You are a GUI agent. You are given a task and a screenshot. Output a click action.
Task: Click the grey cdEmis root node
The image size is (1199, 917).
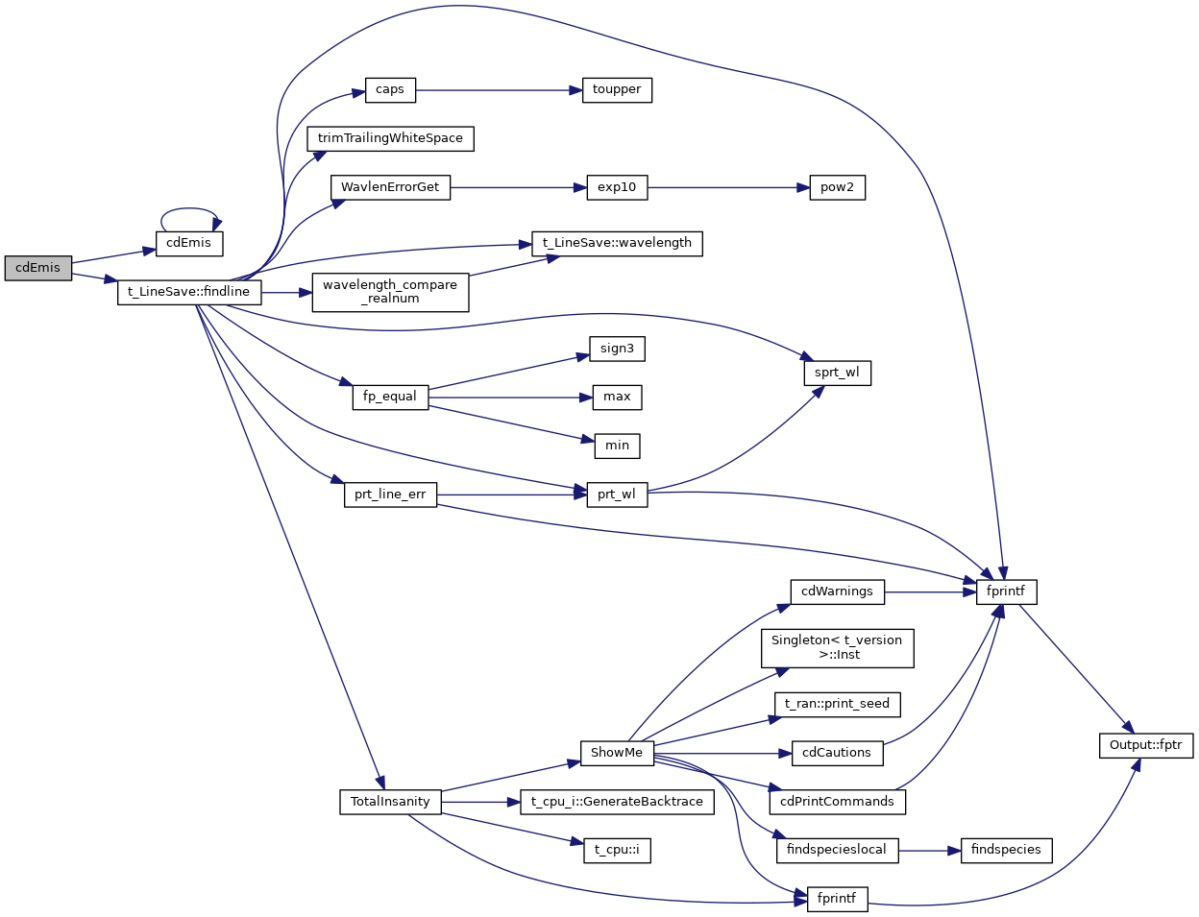coord(38,269)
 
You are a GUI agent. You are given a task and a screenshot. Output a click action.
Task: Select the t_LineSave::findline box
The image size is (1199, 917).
coord(188,293)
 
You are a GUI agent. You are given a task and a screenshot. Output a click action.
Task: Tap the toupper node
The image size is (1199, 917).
coord(617,90)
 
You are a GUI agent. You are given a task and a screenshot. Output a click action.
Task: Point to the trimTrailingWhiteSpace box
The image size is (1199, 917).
coord(390,139)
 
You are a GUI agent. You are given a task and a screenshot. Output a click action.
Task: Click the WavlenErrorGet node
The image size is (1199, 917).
coord(390,188)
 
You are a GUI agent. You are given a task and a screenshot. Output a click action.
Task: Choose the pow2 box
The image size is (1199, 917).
coord(837,188)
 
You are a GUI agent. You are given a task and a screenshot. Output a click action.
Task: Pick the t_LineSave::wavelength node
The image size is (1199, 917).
coord(617,244)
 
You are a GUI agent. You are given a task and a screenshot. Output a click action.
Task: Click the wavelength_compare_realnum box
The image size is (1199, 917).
coord(390,293)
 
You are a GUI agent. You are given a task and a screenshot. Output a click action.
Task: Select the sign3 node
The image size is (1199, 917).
coord(617,350)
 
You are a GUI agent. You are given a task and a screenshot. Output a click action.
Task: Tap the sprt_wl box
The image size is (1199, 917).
coord(837,374)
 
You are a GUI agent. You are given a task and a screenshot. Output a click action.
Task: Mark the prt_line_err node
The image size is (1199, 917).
coord(390,495)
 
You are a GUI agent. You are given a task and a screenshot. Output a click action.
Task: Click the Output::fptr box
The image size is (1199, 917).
coord(1145,746)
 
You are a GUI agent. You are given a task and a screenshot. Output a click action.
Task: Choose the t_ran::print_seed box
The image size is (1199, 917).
coord(837,705)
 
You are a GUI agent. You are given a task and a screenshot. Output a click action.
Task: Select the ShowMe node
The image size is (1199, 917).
coord(617,754)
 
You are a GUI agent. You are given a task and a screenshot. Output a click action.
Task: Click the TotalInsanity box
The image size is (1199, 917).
coord(390,803)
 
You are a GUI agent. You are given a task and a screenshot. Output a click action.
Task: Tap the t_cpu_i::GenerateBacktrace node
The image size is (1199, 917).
coord(617,803)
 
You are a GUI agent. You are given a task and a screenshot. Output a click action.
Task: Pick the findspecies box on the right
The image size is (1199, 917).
coord(1006,851)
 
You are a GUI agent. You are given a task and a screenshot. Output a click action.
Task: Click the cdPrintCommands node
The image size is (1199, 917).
coord(837,803)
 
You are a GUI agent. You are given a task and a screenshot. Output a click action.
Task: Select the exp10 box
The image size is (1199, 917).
coord(617,188)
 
